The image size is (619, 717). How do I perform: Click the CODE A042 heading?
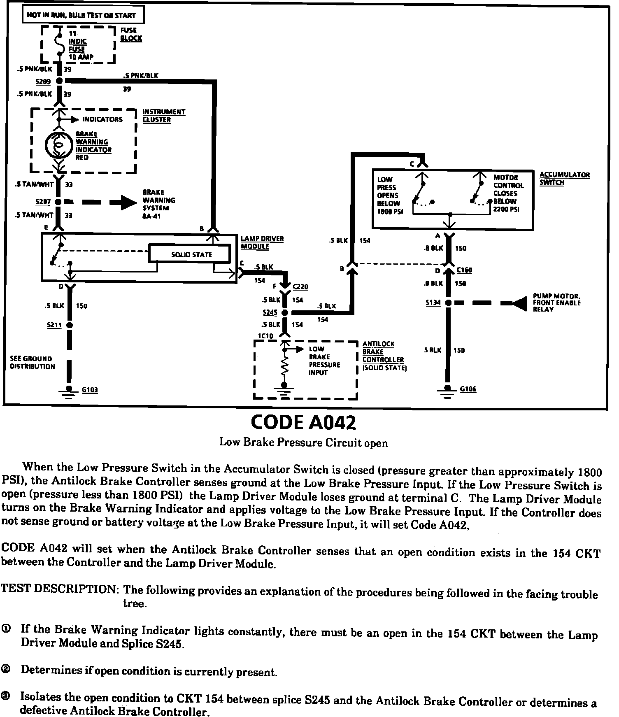pyautogui.click(x=303, y=422)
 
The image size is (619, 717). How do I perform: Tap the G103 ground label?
pyautogui.click(x=90, y=389)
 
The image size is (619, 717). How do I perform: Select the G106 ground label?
pyautogui.click(x=468, y=389)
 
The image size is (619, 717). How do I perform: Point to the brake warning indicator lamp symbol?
pyautogui.click(x=58, y=145)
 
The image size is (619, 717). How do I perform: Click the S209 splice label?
pyautogui.click(x=43, y=82)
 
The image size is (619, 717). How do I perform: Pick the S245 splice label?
pyautogui.click(x=270, y=312)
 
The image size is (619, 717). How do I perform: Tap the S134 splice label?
pyautogui.click(x=433, y=303)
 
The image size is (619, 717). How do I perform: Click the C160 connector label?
pyautogui.click(x=464, y=270)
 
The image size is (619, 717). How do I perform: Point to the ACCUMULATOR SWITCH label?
pyautogui.click(x=564, y=178)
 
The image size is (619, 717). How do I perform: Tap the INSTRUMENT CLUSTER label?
pyautogui.click(x=163, y=116)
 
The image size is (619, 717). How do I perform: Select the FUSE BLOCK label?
pyautogui.click(x=131, y=34)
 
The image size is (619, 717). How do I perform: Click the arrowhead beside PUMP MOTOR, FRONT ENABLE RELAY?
pyautogui.click(x=519, y=303)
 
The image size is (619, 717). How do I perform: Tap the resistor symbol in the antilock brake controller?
pyautogui.click(x=284, y=366)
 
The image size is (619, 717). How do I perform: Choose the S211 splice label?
pyautogui.click(x=54, y=325)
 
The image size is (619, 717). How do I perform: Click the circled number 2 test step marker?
pyautogui.click(x=6, y=670)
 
